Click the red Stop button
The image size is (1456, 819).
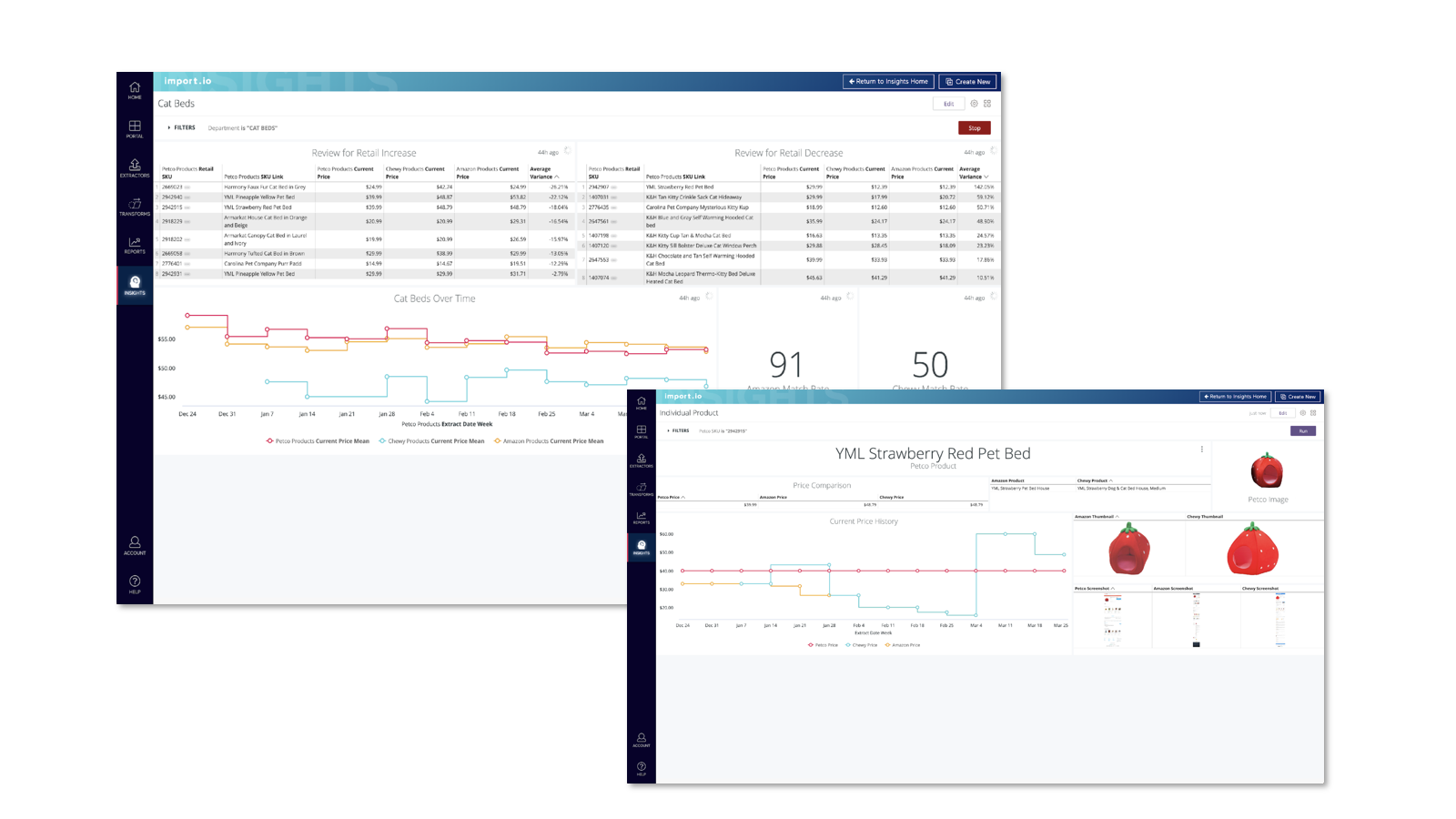click(974, 128)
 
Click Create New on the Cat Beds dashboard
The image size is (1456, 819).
click(968, 82)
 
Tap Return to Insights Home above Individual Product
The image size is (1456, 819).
click(1236, 397)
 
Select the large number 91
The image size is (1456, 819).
click(786, 365)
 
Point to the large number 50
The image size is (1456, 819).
click(930, 365)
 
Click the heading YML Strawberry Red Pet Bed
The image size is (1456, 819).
click(933, 453)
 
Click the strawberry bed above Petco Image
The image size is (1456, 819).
click(1267, 470)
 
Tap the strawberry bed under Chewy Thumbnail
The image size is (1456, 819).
click(1253, 551)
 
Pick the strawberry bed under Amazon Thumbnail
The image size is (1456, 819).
click(1129, 549)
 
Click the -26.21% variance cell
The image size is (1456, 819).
click(558, 187)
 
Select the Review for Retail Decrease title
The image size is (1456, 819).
click(788, 153)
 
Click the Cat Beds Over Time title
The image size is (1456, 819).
click(434, 298)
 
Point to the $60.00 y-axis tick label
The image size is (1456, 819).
click(666, 534)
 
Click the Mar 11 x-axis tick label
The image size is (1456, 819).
click(1005, 626)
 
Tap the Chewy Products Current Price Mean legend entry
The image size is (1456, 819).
click(431, 441)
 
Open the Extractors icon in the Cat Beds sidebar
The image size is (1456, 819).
click(135, 167)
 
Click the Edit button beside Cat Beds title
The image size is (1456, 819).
click(948, 104)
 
